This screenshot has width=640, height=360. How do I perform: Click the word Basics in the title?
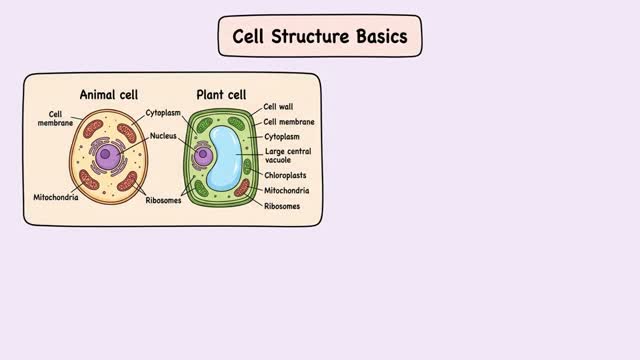point(382,36)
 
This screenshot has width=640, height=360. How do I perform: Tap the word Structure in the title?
point(311,36)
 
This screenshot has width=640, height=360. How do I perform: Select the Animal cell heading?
point(109,95)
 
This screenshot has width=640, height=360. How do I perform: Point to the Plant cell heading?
point(221,95)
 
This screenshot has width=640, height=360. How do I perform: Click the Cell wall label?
point(278,107)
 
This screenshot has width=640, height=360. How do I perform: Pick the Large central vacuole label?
point(288,156)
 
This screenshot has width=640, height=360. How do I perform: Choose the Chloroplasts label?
point(285,175)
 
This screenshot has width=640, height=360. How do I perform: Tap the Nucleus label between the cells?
point(163,136)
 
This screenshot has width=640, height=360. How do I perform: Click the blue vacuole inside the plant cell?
point(224,158)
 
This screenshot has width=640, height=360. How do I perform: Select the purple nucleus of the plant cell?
point(203,155)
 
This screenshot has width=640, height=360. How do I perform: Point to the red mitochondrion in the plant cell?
point(242,188)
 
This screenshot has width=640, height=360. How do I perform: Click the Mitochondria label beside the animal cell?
point(56,197)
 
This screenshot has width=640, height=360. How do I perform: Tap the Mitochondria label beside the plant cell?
point(287,191)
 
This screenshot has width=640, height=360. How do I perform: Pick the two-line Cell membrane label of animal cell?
point(56,118)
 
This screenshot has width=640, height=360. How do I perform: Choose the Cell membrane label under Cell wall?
point(289,122)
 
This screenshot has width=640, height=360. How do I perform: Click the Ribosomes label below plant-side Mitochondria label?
point(282,206)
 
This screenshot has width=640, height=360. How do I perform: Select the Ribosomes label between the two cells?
point(163,200)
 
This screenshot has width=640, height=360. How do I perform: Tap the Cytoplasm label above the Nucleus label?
point(163,113)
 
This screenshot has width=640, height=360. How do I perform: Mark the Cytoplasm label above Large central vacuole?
point(282,137)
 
